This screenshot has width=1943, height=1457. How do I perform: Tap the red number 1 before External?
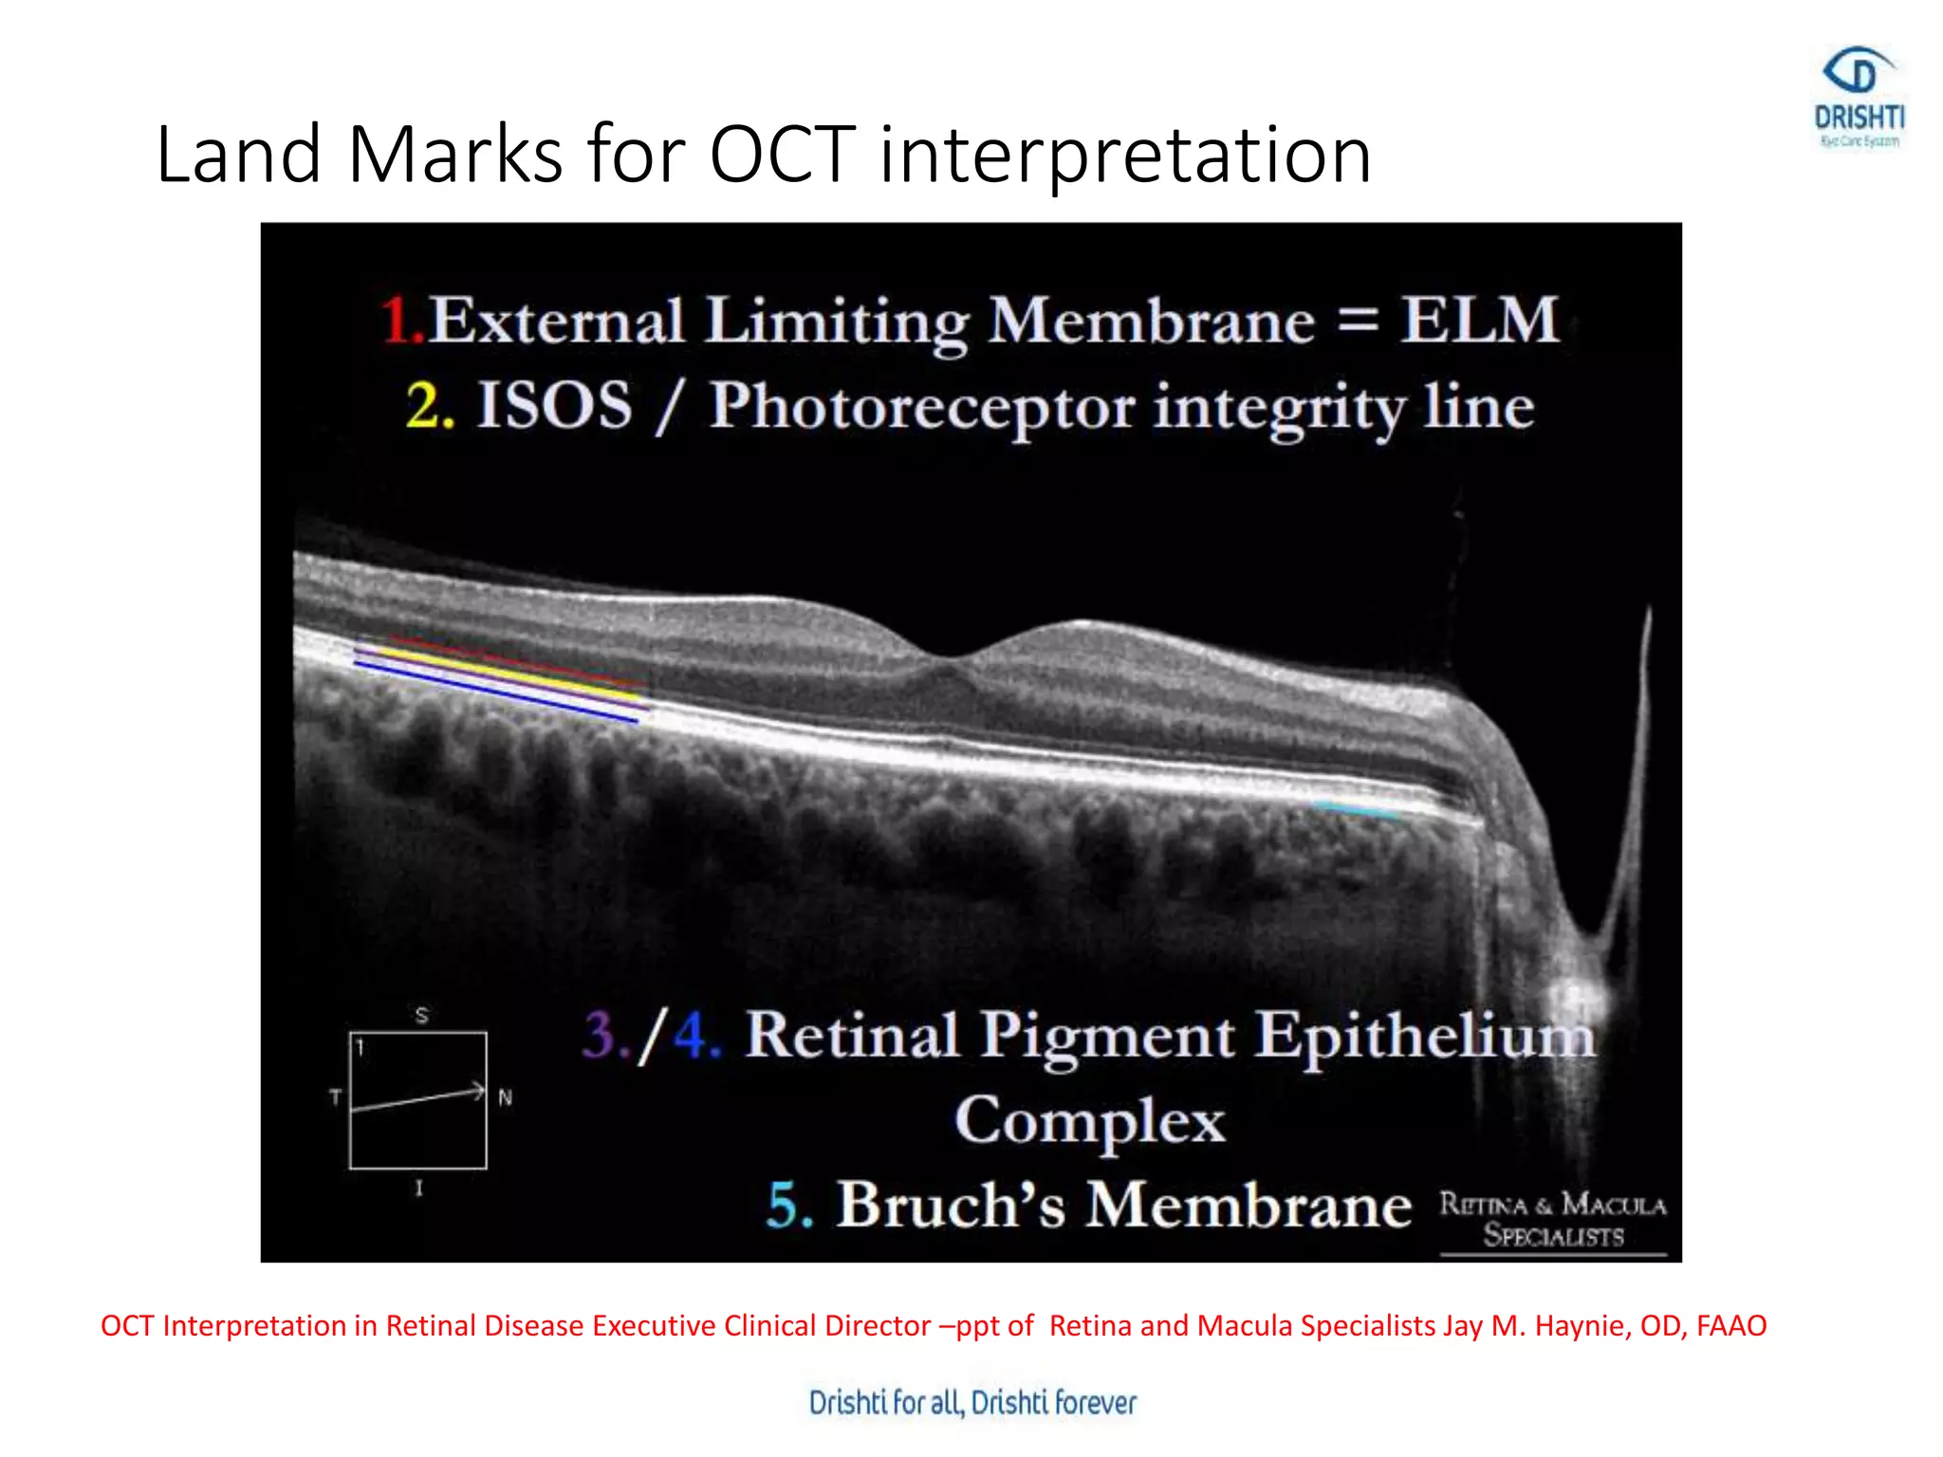pos(397,320)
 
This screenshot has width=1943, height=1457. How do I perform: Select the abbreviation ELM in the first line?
pos(1479,320)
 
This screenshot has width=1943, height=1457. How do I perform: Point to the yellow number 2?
pos(424,406)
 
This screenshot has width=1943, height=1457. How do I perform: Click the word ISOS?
pos(554,406)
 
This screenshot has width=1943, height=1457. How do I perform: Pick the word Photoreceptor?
pos(921,408)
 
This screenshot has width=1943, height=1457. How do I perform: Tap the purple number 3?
pos(600,1034)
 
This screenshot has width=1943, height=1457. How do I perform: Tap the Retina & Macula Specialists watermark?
pos(1552,1220)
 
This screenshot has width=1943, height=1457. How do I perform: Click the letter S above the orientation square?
pos(421,1015)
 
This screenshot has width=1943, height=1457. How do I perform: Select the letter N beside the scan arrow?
pos(505,1097)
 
